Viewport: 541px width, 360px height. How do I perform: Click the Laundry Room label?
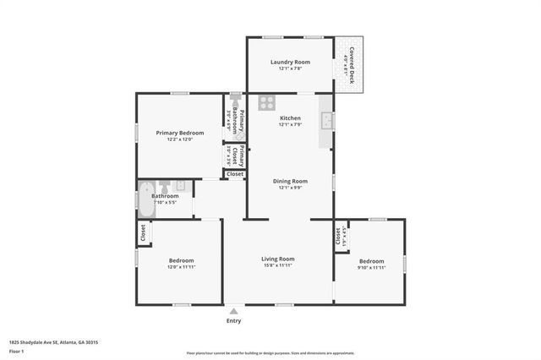[x=290, y=62]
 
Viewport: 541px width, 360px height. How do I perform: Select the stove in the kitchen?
[x=266, y=103]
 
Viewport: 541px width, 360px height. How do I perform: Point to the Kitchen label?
[x=290, y=118]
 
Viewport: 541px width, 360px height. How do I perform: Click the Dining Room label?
[x=290, y=180]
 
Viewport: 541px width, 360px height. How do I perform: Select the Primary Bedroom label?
[x=179, y=133]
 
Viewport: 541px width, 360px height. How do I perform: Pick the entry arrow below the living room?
[x=233, y=312]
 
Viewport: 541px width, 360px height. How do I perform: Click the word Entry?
[x=233, y=321]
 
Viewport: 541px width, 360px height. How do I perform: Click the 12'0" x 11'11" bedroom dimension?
[x=181, y=267]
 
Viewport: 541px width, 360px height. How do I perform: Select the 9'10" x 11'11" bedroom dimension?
[x=370, y=267]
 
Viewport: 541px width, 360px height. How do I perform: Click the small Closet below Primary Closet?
[x=234, y=174]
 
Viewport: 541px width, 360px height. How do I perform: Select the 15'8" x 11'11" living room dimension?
[x=277, y=266]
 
